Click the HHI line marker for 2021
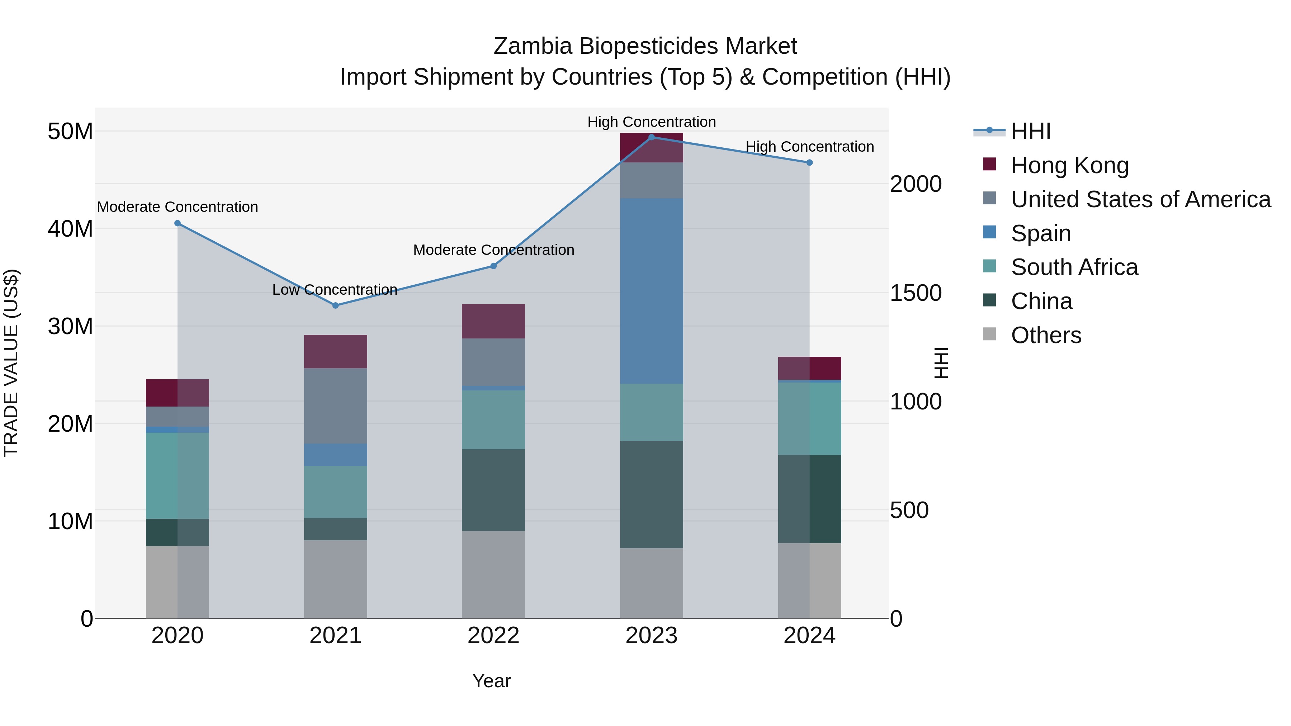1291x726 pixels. click(x=335, y=305)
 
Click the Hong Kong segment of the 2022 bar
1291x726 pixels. click(x=493, y=321)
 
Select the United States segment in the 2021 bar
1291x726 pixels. click(x=335, y=405)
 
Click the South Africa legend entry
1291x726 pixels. click(x=1074, y=267)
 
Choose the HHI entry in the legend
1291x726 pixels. click(x=1030, y=131)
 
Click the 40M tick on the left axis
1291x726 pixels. click(x=70, y=229)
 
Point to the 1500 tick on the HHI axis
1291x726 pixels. click(x=915, y=293)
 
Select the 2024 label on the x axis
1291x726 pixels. click(x=809, y=636)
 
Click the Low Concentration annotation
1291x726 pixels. click(x=335, y=290)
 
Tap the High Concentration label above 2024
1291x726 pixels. click(x=809, y=147)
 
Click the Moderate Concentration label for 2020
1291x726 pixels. click(x=178, y=207)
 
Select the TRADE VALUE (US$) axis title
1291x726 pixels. click(x=11, y=363)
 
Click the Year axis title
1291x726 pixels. click(x=491, y=681)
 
